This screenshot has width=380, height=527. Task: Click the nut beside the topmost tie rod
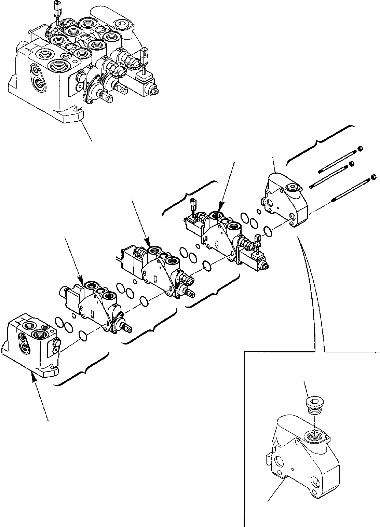click(x=359, y=149)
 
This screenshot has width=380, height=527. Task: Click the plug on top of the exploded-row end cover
click(x=293, y=187)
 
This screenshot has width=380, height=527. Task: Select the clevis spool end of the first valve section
click(x=128, y=329)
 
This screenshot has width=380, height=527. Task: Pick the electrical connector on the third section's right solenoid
click(x=258, y=238)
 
